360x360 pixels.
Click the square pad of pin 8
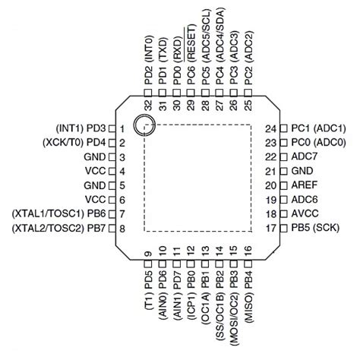click(111, 228)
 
